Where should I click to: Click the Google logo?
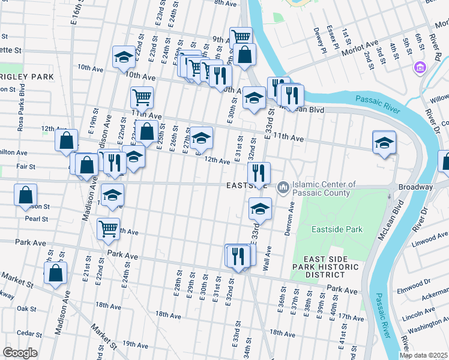pyautogui.click(x=20, y=353)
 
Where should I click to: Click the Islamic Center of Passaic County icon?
pyautogui.click(x=283, y=189)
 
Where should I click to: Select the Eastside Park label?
pyautogui.click(x=337, y=229)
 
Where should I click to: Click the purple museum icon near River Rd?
pyautogui.click(x=419, y=67)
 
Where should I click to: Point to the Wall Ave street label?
pyautogui.click(x=267, y=259)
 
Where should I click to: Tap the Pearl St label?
pyautogui.click(x=32, y=219)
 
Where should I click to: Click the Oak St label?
pyautogui.click(x=27, y=308)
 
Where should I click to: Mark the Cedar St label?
pyautogui.click(x=28, y=333)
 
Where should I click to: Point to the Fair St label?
pyautogui.click(x=26, y=166)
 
